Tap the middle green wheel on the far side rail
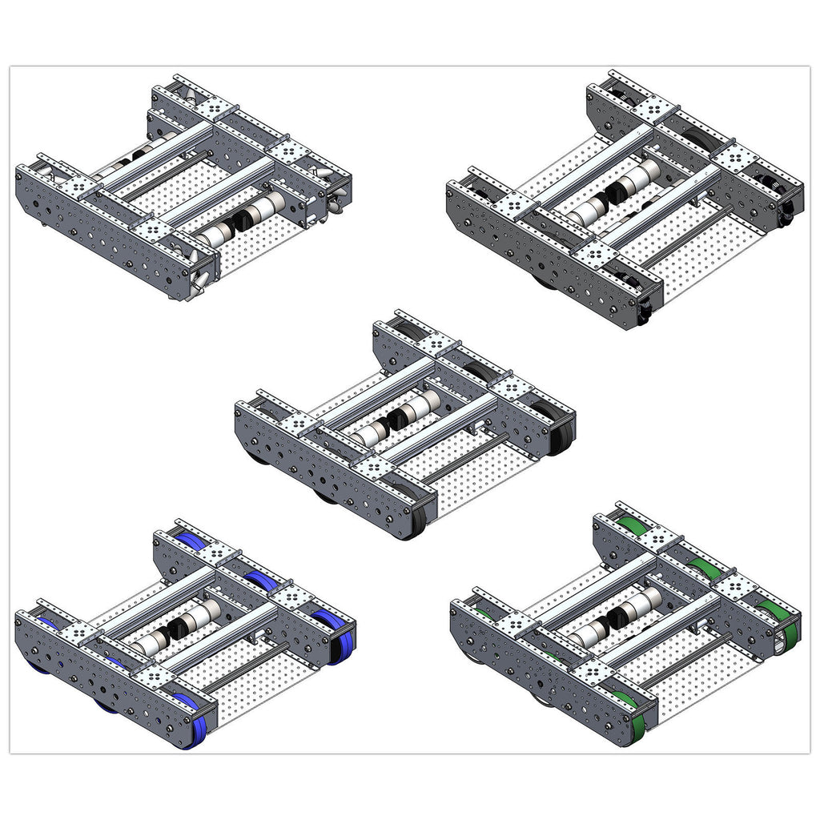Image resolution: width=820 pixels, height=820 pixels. (x=703, y=569)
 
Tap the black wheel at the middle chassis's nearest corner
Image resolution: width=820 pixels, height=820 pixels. (x=416, y=517)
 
